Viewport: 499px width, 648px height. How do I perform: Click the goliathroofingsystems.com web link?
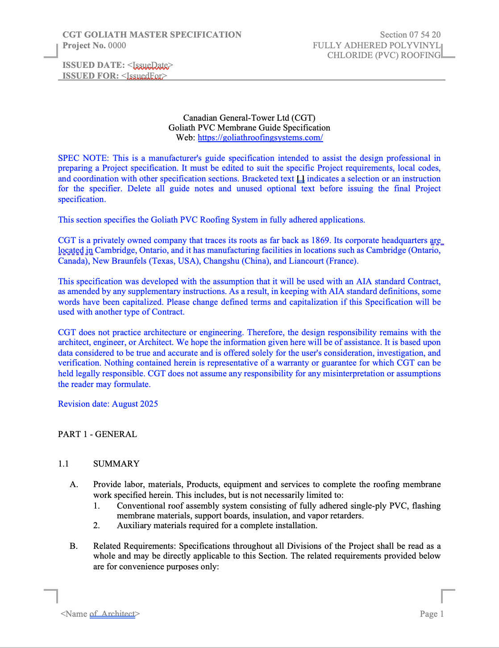point(260,138)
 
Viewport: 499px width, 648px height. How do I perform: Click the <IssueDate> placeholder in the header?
point(150,65)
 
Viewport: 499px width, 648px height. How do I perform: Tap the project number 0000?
point(117,46)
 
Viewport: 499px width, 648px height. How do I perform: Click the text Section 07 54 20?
point(410,35)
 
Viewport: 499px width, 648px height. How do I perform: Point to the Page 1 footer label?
point(432,614)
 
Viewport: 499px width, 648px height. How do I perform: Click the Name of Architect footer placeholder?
point(100,614)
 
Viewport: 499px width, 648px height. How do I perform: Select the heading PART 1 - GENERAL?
point(97,434)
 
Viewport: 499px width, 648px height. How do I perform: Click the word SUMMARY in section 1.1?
point(116,463)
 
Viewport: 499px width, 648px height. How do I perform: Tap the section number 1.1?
point(63,463)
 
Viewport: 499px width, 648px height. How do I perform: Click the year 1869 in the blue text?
point(320,240)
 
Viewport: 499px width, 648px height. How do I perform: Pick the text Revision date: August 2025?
point(108,404)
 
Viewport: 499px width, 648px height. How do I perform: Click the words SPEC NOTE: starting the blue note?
point(83,158)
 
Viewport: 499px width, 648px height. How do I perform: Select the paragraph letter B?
point(74,546)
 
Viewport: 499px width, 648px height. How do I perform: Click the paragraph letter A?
point(74,484)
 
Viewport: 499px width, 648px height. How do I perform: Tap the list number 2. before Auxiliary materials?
point(96,526)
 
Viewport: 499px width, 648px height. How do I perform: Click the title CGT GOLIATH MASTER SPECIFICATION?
point(152,35)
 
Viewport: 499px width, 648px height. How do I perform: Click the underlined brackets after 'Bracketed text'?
point(300,179)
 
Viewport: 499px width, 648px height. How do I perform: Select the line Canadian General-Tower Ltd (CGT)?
point(249,118)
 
